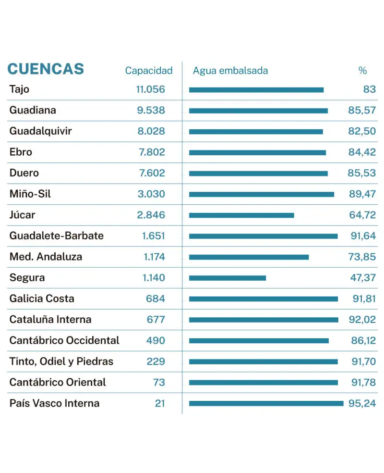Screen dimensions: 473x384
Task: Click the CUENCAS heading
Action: (x=46, y=69)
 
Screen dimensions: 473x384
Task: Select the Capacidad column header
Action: (x=148, y=71)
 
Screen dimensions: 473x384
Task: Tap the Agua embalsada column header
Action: (x=230, y=71)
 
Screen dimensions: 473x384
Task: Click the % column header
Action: (x=362, y=71)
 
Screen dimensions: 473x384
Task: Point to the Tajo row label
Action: (x=19, y=89)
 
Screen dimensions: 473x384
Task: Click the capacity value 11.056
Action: (x=150, y=89)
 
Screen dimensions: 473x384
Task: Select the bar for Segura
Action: (x=227, y=278)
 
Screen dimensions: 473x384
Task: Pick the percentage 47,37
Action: (x=362, y=278)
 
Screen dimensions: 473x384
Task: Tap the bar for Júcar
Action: (x=241, y=215)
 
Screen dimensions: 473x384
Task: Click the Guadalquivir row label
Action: (x=40, y=131)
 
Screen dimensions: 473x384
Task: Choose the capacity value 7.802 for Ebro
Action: (x=152, y=152)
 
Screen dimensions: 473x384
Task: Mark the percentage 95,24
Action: (x=362, y=403)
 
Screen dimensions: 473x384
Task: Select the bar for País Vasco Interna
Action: (x=266, y=403)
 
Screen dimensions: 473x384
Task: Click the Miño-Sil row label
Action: (x=30, y=194)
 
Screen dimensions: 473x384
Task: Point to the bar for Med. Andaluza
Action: (x=249, y=257)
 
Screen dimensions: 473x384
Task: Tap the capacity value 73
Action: (x=159, y=383)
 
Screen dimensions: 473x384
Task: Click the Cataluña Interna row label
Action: (x=50, y=320)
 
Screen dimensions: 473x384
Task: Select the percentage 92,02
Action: (x=362, y=320)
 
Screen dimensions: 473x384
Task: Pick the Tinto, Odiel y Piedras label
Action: (x=61, y=361)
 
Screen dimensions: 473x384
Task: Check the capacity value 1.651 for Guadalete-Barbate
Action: (x=153, y=236)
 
